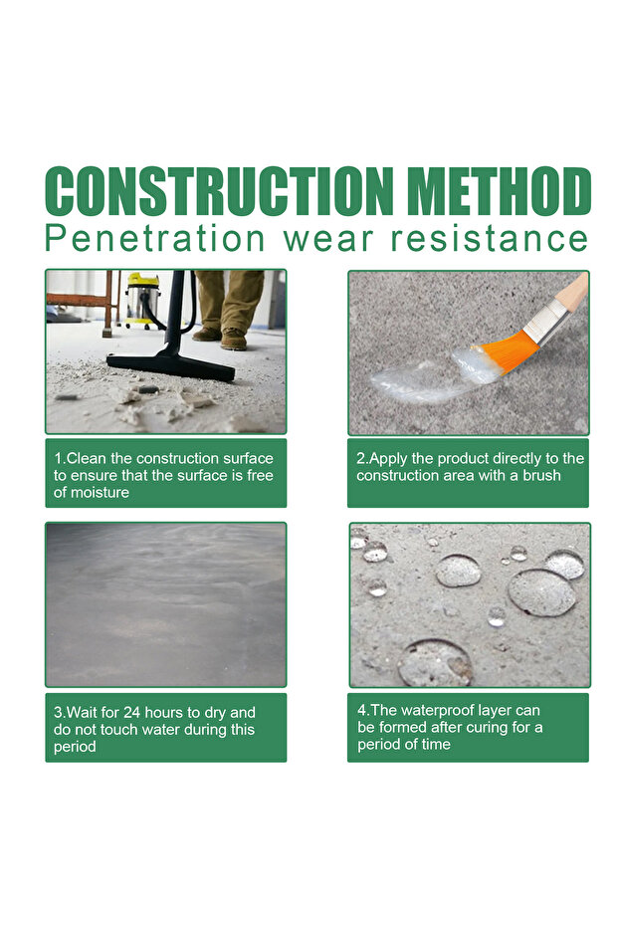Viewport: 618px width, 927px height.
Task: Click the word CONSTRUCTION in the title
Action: pyautogui.click(x=219, y=190)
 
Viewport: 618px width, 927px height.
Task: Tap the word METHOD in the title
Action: pyautogui.click(x=500, y=190)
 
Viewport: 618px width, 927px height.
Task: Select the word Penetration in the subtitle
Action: pyautogui.click(x=155, y=239)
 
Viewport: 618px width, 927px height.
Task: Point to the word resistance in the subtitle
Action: pyautogui.click(x=490, y=239)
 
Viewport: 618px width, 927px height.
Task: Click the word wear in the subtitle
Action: pyautogui.click(x=328, y=241)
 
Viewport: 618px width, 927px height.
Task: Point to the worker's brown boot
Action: pyautogui.click(x=234, y=340)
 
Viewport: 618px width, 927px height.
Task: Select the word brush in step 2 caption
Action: pyautogui.click(x=541, y=475)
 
